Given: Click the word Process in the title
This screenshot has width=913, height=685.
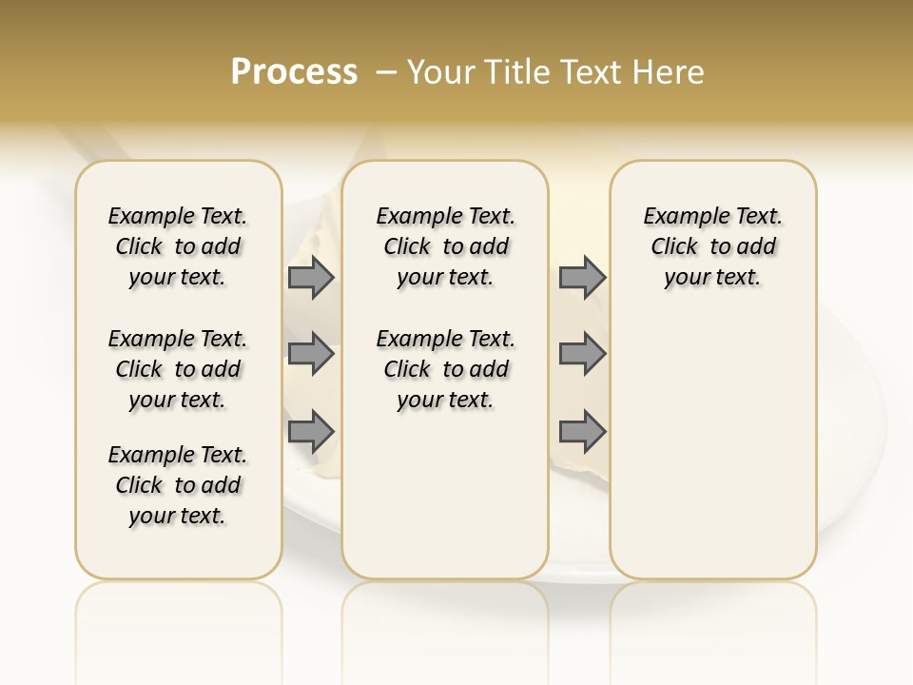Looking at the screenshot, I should pyautogui.click(x=294, y=72).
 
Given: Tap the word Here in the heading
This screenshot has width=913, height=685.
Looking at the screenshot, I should pyautogui.click(x=670, y=72).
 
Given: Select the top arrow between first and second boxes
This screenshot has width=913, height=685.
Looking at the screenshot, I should pyautogui.click(x=310, y=277).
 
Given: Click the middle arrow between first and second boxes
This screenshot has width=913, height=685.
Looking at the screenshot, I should pyautogui.click(x=310, y=354).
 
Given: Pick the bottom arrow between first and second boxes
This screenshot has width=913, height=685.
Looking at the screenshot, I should pyautogui.click(x=310, y=432).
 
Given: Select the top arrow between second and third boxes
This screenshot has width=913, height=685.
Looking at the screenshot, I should pyautogui.click(x=582, y=277).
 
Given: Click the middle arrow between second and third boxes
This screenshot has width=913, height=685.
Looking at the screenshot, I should pyautogui.click(x=582, y=354).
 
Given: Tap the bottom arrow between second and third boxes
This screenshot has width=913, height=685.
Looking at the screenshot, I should pyautogui.click(x=582, y=432).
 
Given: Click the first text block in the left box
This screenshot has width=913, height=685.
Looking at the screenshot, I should pyautogui.click(x=178, y=246).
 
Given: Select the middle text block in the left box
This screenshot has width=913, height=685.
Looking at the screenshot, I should pyautogui.click(x=178, y=369).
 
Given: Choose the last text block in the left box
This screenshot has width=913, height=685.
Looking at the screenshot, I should pyautogui.click(x=178, y=485).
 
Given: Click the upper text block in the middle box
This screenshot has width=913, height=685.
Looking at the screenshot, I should pyautogui.click(x=445, y=246).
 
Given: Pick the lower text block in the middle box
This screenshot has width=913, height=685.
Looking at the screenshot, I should pyautogui.click(x=445, y=369).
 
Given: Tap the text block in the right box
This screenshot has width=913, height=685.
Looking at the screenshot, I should pyautogui.click(x=712, y=246).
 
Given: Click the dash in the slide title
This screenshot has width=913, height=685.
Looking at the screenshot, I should pyautogui.click(x=386, y=72).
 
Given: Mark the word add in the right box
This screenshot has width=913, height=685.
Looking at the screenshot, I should pyautogui.click(x=757, y=246).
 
